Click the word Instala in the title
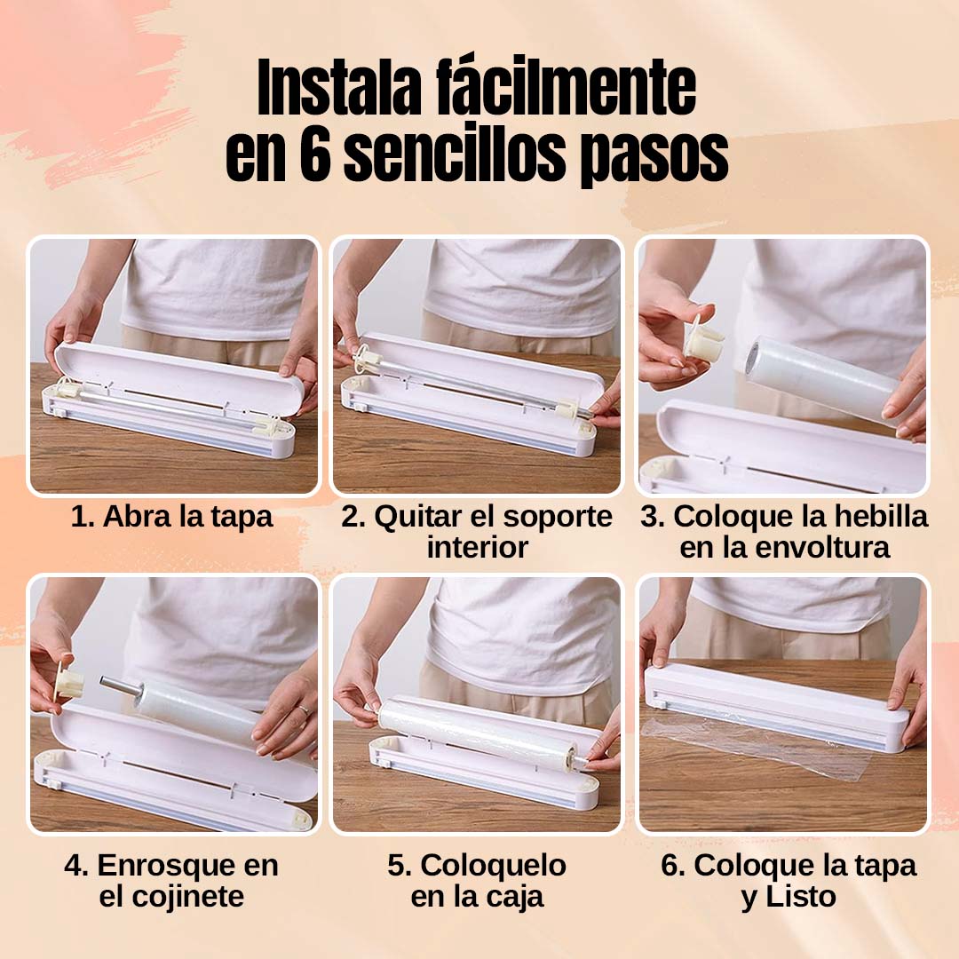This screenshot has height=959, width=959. [x=340, y=87]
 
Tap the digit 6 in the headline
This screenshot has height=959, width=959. [x=315, y=155]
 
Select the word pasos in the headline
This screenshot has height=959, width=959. [x=654, y=158]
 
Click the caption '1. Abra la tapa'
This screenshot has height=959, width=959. [x=171, y=517]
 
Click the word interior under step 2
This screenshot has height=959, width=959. [x=477, y=547]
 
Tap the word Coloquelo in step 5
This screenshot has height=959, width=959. [x=493, y=866]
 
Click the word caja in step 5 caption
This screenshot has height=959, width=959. [x=515, y=897]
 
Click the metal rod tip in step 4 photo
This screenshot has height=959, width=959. [x=106, y=683]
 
